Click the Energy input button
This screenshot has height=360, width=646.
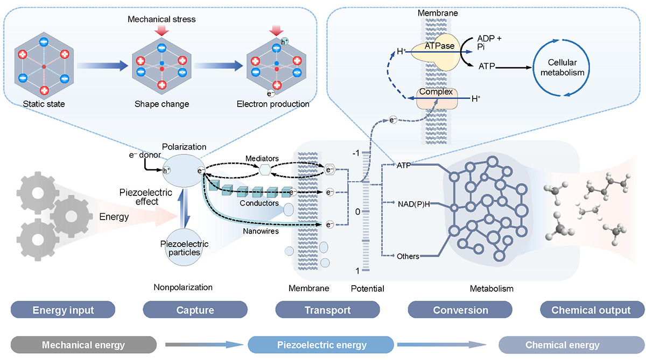[x=64, y=310]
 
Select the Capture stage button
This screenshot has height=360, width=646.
[x=195, y=310]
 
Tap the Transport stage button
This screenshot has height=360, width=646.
[x=327, y=310]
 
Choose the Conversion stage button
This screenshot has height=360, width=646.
[x=460, y=310]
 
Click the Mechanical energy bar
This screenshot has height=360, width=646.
[x=79, y=345]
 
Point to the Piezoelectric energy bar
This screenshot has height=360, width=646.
[x=321, y=345]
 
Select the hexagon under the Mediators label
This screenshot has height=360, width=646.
[x=264, y=170]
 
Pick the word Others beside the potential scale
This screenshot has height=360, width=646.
[x=408, y=256]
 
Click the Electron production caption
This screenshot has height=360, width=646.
[x=273, y=103]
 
